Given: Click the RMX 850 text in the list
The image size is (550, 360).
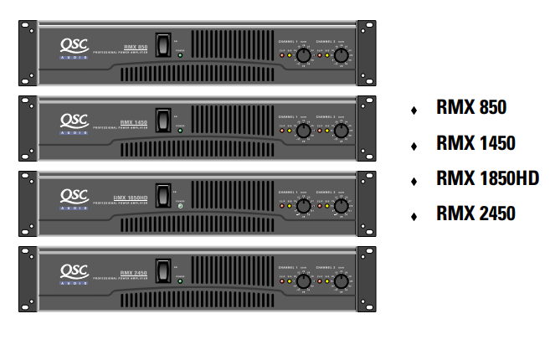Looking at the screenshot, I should [x=471, y=108].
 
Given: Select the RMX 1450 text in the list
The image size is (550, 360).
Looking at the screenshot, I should [x=475, y=143].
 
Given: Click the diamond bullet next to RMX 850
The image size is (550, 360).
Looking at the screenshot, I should [x=414, y=110].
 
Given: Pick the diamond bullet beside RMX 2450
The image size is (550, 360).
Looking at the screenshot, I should [x=414, y=216].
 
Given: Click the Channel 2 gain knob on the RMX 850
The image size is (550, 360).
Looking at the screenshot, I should [x=341, y=55].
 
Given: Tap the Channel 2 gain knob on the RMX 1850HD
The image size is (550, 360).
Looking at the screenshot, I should [x=341, y=206].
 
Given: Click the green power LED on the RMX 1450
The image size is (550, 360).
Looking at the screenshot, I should [x=180, y=131].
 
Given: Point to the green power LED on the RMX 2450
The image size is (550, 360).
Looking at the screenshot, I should [x=180, y=282].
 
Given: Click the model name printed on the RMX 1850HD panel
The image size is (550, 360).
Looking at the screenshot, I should [x=132, y=198].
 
